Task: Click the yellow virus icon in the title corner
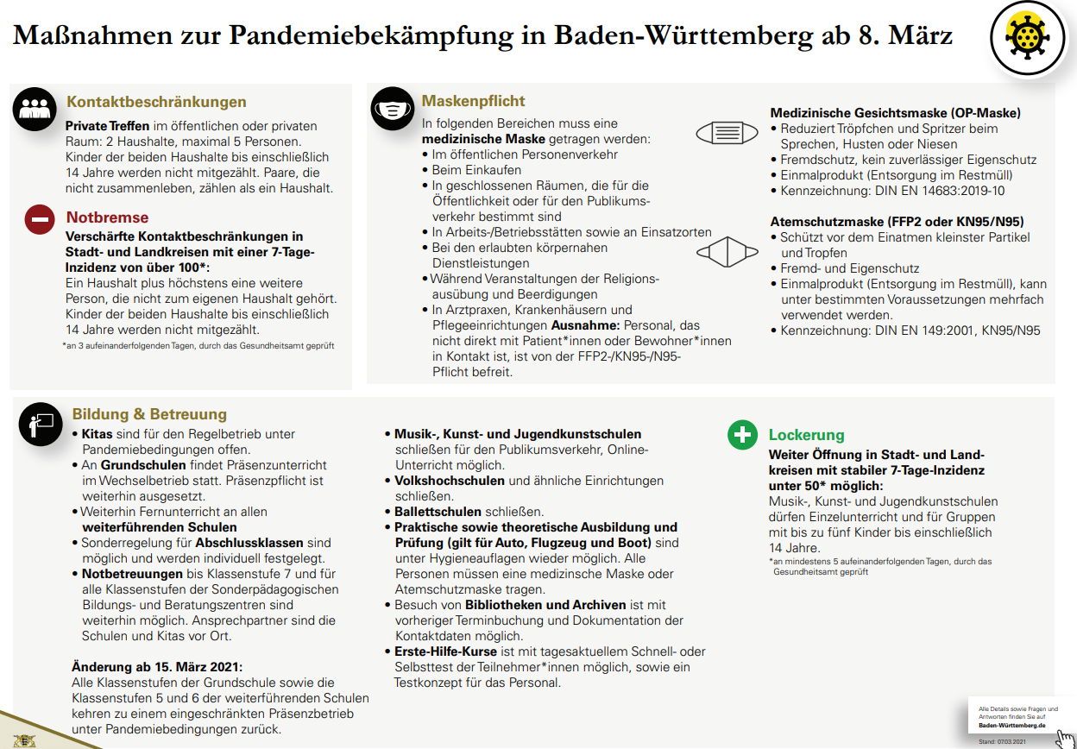coord(1026,37)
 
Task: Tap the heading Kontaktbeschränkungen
coord(156,102)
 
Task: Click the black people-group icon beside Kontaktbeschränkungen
coord(34,108)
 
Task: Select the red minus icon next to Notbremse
coord(41,219)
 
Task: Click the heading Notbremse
coord(107,217)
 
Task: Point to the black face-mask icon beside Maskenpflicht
coord(393,110)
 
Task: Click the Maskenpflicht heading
coord(473,101)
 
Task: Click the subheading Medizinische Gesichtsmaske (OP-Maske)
coord(895,113)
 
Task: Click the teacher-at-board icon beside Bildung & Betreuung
coord(41,423)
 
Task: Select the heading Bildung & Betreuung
coord(149,414)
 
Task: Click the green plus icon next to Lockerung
coord(741,434)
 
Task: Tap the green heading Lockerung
coord(806,435)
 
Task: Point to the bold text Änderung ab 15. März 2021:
coord(156,666)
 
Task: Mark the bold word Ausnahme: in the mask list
coord(582,325)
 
